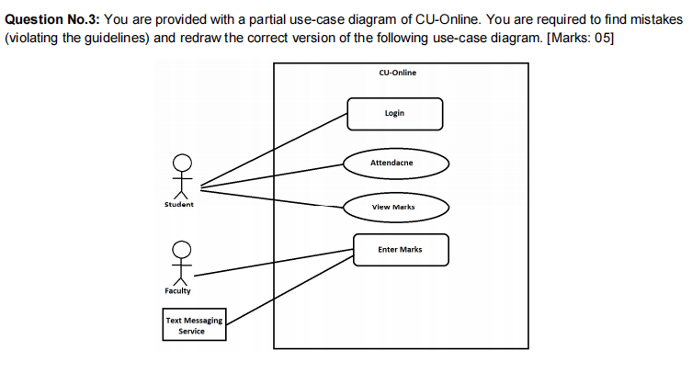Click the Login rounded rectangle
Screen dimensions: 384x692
[394, 114]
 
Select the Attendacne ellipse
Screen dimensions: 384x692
[396, 163]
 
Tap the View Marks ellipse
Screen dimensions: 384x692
[396, 207]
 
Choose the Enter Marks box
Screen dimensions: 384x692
[401, 250]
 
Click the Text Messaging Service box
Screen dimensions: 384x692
[193, 325]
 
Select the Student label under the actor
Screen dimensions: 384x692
[179, 204]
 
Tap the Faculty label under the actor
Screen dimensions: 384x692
[178, 290]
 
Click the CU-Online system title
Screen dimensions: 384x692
[397, 72]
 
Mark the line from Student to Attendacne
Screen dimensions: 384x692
[276, 175]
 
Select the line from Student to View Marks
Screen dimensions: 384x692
[276, 197]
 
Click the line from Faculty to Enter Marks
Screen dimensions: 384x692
[276, 262]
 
